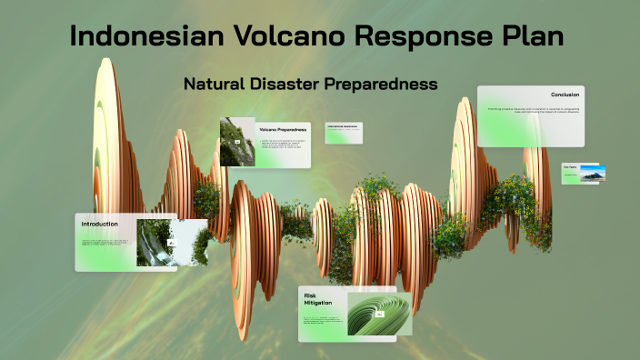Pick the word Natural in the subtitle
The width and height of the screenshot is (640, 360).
coord(214,84)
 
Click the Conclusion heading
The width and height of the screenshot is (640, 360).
coord(565,95)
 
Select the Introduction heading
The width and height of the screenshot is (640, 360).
coord(100,224)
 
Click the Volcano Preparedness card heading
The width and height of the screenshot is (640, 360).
coord(283,130)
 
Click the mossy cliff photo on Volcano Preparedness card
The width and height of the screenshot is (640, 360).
coord(236,143)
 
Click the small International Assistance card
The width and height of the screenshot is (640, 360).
coord(344,132)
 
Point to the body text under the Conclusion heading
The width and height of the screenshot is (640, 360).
coord(533,111)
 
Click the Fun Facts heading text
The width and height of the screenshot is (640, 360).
coord(570,166)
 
